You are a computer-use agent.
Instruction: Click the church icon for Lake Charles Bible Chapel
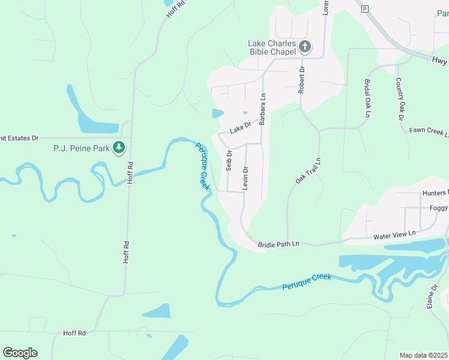coord(304,47)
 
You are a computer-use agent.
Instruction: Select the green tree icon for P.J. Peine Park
coord(119,147)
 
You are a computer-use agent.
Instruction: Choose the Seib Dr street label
coord(229,161)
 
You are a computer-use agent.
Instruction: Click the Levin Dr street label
coord(245,178)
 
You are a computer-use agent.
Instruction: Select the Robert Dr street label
coord(302,80)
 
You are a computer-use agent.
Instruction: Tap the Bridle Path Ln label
coord(278,244)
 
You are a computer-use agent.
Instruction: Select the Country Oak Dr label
coord(399,99)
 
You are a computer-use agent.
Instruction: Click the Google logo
coord(20,353)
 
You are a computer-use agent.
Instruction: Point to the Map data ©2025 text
coord(423,355)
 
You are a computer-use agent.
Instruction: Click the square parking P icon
coord(364,8)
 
